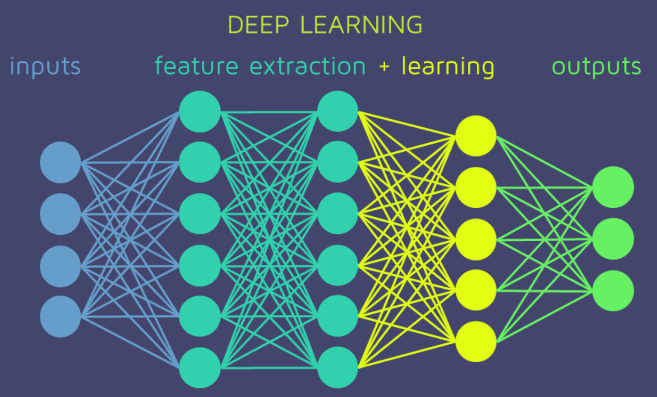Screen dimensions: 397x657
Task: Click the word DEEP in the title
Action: click(258, 25)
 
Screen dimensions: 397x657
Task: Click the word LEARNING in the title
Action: click(361, 25)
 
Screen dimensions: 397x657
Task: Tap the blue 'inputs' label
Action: click(45, 67)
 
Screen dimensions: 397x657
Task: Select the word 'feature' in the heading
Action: click(196, 66)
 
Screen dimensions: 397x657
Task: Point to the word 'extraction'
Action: click(307, 66)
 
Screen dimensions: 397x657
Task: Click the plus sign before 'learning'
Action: click(384, 67)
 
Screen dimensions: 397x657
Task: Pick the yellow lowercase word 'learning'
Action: click(448, 67)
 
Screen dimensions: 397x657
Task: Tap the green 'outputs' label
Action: click(596, 67)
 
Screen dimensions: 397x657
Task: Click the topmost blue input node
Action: click(60, 163)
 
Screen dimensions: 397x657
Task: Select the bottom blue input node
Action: click(60, 316)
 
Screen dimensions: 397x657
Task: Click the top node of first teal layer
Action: click(199, 112)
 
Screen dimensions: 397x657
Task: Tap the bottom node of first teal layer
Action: click(199, 368)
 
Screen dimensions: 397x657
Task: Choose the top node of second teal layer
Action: click(338, 111)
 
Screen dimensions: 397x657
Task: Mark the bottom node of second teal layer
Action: click(338, 367)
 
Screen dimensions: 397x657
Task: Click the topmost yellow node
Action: click(476, 136)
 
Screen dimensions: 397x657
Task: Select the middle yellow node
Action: click(476, 239)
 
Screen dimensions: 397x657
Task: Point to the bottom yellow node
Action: click(476, 341)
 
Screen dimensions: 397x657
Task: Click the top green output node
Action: click(613, 187)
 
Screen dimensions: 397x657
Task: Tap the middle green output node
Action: click(613, 239)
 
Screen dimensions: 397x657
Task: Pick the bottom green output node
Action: click(613, 291)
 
